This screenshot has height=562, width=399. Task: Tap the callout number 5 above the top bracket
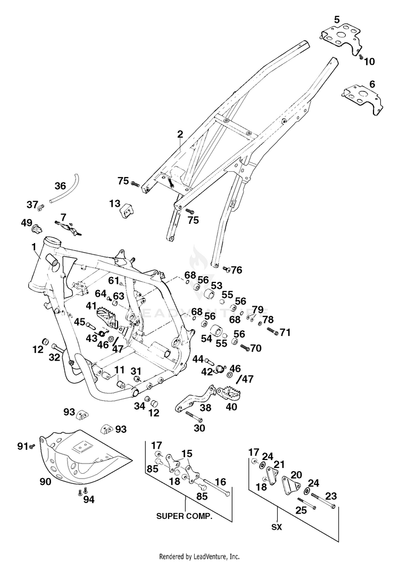(x=337, y=20)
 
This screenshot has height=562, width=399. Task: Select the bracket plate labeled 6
(x=363, y=98)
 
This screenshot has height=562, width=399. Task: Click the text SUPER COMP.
(x=184, y=516)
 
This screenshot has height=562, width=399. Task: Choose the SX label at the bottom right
(x=277, y=527)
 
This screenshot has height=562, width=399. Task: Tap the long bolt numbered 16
(x=217, y=488)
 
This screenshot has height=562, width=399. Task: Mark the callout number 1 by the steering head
(x=34, y=247)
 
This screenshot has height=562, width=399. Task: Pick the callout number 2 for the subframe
(x=180, y=134)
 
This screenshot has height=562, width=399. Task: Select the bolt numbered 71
(x=273, y=331)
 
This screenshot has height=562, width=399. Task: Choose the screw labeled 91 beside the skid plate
(x=32, y=447)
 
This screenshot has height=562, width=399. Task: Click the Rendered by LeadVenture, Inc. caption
(x=199, y=557)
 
